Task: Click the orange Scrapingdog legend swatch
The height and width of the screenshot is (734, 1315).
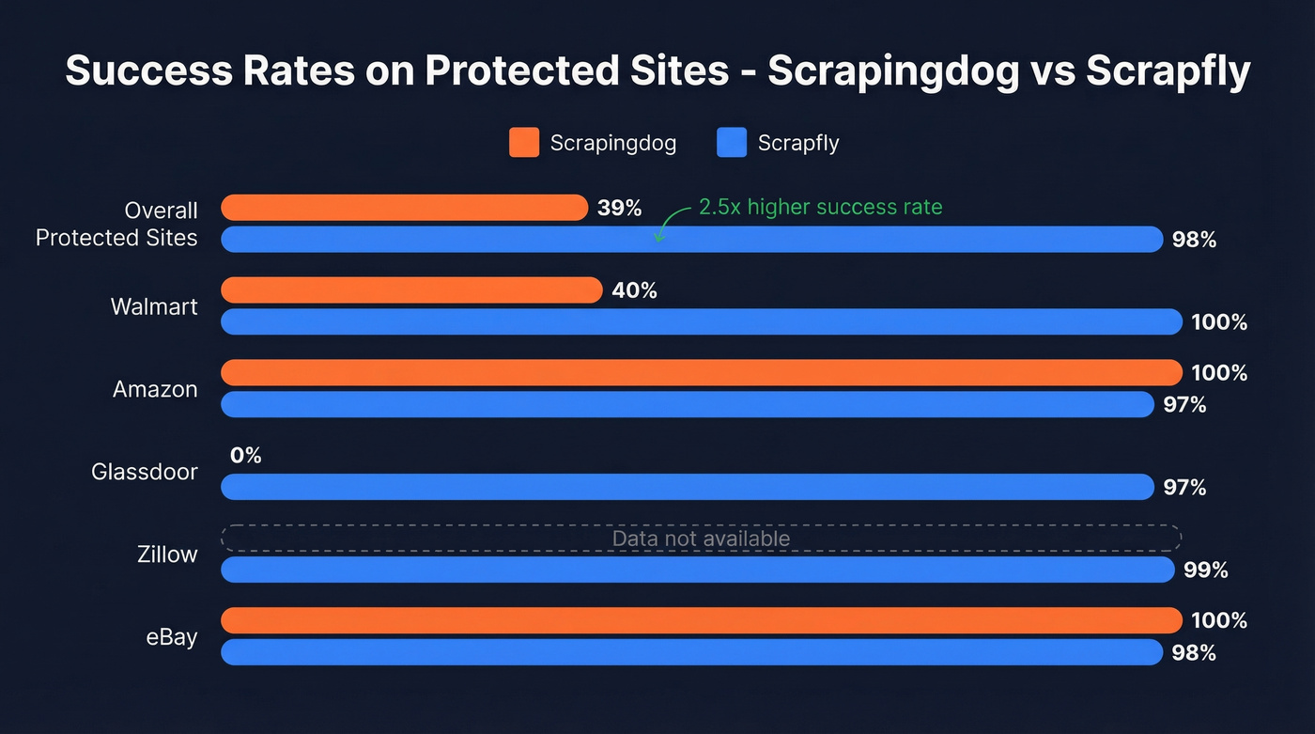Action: tap(524, 143)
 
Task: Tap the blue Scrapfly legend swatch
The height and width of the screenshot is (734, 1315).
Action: tap(731, 143)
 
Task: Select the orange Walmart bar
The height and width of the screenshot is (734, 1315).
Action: tap(411, 290)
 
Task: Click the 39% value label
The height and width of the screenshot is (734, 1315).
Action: tap(619, 209)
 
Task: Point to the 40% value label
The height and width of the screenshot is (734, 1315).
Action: tap(634, 291)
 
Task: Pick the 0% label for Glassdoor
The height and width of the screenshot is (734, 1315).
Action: tap(245, 456)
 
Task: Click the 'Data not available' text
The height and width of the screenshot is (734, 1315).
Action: tap(701, 539)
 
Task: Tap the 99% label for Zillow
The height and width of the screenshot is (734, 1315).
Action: tap(1206, 570)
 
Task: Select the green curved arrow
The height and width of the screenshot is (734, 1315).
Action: tap(669, 224)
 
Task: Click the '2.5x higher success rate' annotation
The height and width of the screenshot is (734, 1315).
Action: tap(820, 208)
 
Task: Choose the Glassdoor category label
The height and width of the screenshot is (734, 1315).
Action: tap(145, 472)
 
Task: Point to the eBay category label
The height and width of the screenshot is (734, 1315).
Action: tap(172, 637)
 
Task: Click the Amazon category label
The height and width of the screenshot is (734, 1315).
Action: tap(155, 389)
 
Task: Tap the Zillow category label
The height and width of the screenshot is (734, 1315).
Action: tap(167, 554)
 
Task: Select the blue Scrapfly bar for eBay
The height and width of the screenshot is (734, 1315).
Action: tap(691, 652)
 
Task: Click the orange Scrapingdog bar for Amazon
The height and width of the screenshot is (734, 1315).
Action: tap(701, 373)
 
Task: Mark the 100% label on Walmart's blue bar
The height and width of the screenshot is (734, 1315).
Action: tap(1219, 322)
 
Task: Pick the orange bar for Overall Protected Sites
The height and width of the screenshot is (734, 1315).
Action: tap(404, 208)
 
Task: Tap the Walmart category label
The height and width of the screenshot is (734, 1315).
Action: tap(154, 306)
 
